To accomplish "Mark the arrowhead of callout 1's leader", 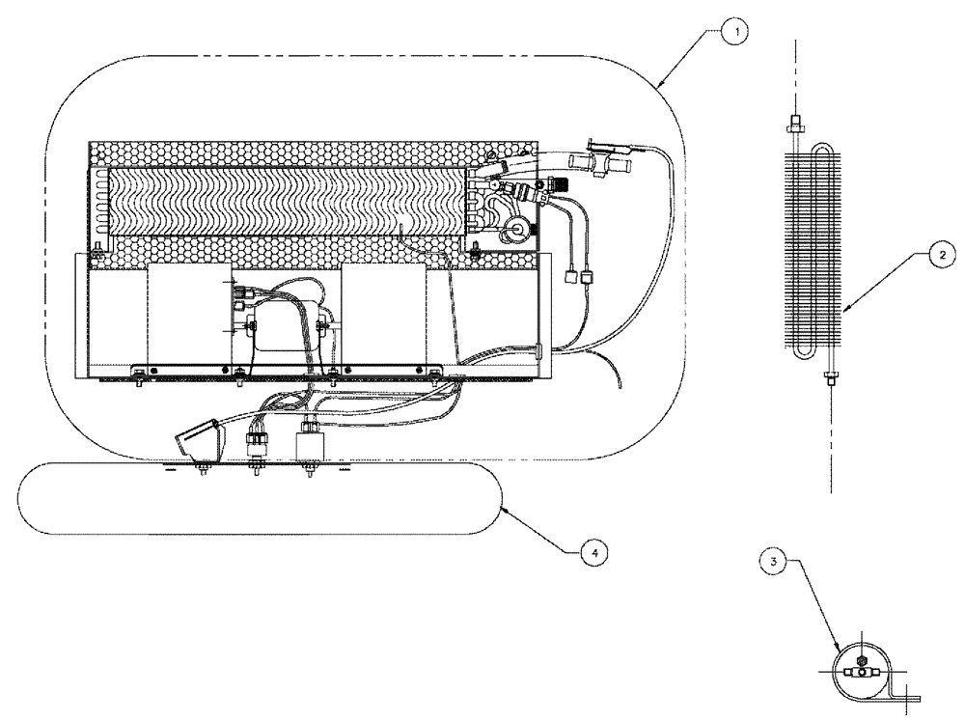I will pos(658,89).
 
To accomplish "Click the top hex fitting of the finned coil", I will pos(794,123).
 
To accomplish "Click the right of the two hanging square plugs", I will pos(585,278).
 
